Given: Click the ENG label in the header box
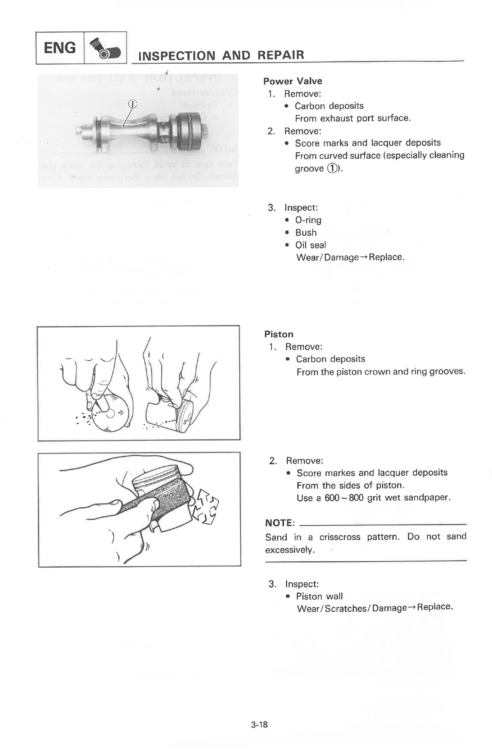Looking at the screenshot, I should [x=60, y=48].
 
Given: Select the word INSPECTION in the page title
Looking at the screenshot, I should [x=177, y=55].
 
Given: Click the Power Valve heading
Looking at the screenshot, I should [x=292, y=81].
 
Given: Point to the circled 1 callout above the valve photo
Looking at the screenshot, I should [x=132, y=104].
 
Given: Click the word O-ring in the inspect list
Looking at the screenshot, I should [x=308, y=220].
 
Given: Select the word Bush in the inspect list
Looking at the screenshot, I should [x=306, y=233].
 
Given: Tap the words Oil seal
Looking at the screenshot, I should [x=310, y=245].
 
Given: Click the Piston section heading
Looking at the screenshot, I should [x=279, y=334].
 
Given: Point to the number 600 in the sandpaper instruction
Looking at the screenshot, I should [x=332, y=498].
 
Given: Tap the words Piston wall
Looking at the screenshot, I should [x=319, y=596].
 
